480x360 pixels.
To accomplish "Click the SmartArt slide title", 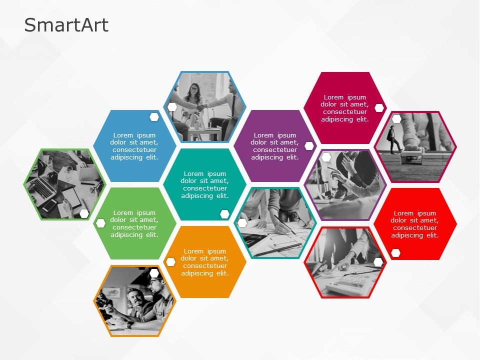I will pos(66,25).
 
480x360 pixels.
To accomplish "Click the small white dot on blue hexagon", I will pos(154,117).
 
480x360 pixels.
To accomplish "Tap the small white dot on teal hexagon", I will pos(224,214).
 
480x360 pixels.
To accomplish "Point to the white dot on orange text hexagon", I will pos(170,262).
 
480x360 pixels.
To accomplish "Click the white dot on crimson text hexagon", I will pos(379,108).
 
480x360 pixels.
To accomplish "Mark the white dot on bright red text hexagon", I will pos(396,253).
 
